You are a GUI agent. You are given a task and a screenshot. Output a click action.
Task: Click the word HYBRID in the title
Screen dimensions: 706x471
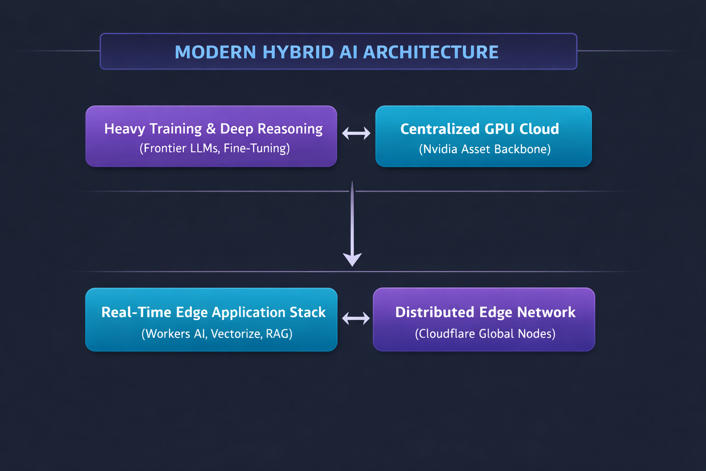tap(298, 52)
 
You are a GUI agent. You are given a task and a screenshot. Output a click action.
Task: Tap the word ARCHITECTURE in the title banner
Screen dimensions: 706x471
tap(431, 52)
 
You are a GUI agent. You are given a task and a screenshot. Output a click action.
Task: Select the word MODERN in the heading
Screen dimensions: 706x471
tap(215, 52)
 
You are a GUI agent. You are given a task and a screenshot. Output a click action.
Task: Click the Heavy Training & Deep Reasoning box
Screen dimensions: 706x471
tap(211, 136)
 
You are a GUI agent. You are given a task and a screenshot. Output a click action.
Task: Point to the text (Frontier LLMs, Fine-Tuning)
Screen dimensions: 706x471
tap(215, 148)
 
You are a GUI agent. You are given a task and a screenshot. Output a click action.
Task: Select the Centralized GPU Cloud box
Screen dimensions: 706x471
tap(484, 136)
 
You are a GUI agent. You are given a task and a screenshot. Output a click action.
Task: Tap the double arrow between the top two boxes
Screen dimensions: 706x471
tap(356, 133)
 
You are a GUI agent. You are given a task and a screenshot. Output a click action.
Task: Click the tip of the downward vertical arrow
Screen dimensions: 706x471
tap(352, 266)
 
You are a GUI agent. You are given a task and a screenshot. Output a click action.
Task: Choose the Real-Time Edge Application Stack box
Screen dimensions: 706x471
tap(211, 319)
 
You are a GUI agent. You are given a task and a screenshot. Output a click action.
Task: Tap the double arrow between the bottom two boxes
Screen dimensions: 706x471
tap(356, 318)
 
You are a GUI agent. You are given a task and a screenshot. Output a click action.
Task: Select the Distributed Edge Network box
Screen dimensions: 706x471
tap(484, 319)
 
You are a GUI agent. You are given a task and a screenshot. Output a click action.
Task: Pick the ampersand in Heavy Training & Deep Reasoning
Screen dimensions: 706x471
tap(211, 129)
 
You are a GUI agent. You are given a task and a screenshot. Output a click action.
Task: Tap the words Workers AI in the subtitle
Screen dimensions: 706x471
tap(176, 334)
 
